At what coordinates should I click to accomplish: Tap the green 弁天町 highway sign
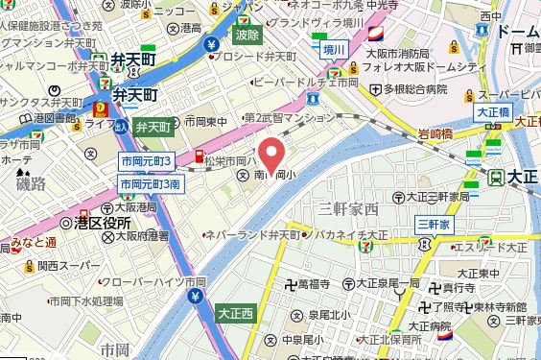coord(152,127)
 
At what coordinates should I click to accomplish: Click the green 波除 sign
coord(247,35)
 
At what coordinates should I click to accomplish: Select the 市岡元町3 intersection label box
coord(146,160)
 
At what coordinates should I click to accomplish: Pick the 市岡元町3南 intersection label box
coord(149,183)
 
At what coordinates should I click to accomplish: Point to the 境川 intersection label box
coord(333,50)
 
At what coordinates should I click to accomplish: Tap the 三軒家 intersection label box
coord(435,224)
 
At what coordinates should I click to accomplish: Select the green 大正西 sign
coord(234,313)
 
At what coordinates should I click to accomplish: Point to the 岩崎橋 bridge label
coord(434,134)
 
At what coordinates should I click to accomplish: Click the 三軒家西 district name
coord(349,208)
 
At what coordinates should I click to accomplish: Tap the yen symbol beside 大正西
coord(195,298)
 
